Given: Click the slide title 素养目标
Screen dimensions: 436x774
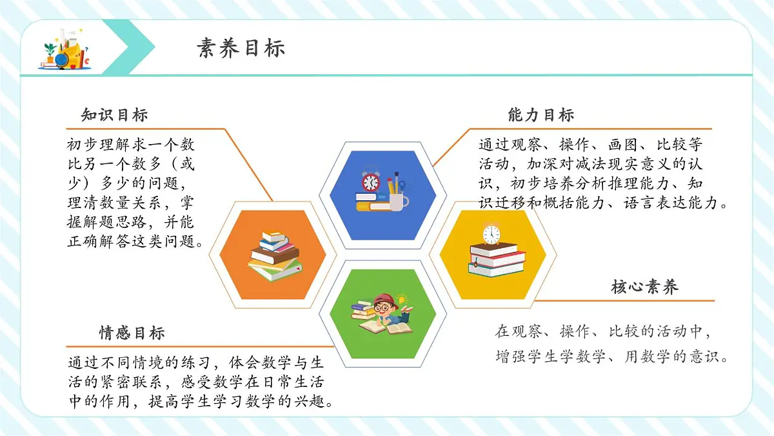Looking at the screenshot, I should coord(241,48).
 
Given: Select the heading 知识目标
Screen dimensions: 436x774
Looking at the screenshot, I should coord(114,115).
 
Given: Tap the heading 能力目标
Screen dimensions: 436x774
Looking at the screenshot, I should coord(541,115).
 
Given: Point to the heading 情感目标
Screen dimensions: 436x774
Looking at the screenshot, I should coord(132,333).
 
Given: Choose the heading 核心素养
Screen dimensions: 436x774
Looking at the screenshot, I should coord(644,287).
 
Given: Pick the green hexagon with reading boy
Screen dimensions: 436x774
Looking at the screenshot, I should coord(383,313).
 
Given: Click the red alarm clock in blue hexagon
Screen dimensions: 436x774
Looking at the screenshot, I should coord(370,182).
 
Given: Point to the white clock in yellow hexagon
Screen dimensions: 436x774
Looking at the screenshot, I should coord(491,233).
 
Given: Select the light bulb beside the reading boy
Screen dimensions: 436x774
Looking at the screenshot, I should coord(403,299).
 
